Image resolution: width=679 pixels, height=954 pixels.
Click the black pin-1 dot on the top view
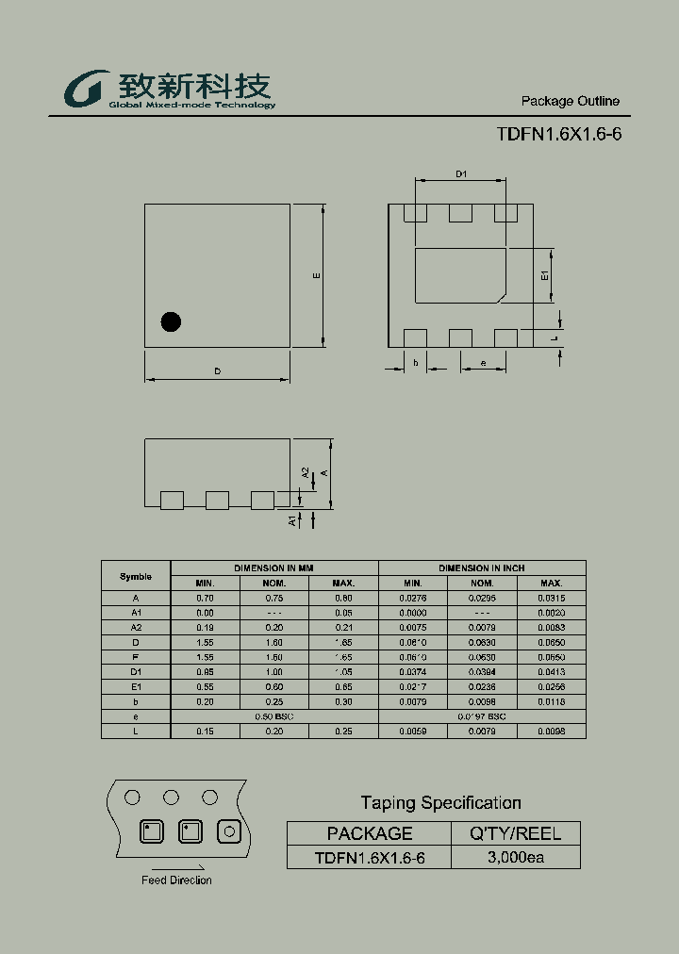[171, 321]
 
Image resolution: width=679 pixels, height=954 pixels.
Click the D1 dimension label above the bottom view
[462, 174]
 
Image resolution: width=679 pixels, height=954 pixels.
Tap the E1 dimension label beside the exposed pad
[545, 276]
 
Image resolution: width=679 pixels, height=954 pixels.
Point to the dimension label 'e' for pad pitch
[483, 363]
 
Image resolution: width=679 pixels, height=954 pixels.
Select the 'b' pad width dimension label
[415, 363]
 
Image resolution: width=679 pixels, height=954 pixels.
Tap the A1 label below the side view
[293, 519]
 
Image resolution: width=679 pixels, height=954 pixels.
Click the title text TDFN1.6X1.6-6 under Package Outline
[558, 134]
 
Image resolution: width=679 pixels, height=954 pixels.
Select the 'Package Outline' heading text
[570, 101]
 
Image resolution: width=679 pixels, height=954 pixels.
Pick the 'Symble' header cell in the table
[136, 576]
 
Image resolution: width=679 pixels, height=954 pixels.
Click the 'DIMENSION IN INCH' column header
[482, 568]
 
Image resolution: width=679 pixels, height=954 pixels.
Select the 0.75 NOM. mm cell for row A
[274, 598]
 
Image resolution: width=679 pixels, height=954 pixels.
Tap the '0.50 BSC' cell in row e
[274, 716]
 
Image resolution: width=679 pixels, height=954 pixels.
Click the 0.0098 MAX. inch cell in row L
[552, 731]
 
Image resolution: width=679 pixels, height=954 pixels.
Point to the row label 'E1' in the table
[136, 686]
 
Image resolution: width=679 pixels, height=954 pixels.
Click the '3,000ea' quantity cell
[515, 857]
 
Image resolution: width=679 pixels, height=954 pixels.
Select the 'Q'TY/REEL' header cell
[515, 833]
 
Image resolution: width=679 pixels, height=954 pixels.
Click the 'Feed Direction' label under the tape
[176, 880]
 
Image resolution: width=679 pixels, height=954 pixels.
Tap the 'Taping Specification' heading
[440, 803]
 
